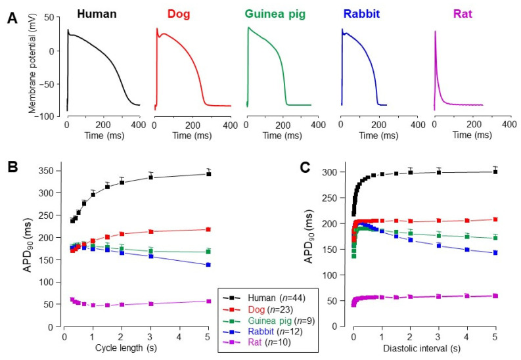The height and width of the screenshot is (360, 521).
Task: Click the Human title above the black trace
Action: (x=96, y=14)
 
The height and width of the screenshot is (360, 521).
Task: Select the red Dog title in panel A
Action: (x=179, y=14)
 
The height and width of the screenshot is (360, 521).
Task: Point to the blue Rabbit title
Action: (x=365, y=14)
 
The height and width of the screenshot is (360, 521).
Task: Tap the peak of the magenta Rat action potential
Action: (x=436, y=31)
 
